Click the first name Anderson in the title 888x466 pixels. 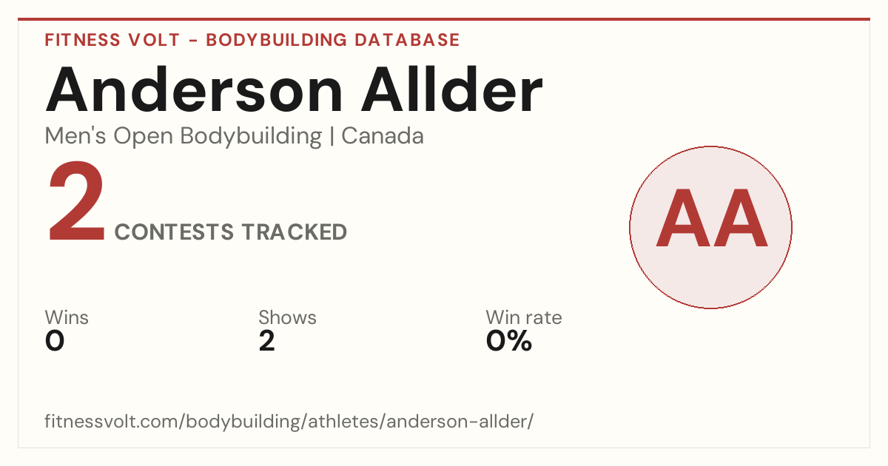(194, 90)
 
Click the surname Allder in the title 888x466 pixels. (451, 90)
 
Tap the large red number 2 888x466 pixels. (76, 201)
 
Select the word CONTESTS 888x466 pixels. (174, 232)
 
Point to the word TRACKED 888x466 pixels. (295, 232)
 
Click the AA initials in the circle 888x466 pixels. (712, 218)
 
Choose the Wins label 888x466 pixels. (67, 317)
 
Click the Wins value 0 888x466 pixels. (55, 341)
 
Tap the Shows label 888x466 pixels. (287, 317)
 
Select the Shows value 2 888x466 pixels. (267, 341)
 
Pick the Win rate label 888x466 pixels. (524, 317)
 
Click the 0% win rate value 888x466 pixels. (509, 341)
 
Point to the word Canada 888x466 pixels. (383, 136)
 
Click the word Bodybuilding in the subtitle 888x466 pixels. (251, 137)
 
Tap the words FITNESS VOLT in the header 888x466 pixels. (112, 40)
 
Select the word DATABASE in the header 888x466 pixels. (407, 40)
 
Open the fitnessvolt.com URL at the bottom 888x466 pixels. (289, 421)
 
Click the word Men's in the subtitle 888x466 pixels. (75, 136)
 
